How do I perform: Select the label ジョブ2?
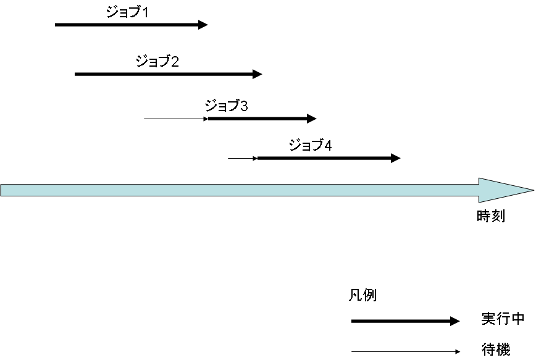click(x=157, y=61)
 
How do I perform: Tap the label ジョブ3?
click(x=227, y=106)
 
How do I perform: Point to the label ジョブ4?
click(x=311, y=146)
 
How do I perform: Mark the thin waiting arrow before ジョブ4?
click(x=241, y=159)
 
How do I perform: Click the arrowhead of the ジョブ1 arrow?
click(x=203, y=25)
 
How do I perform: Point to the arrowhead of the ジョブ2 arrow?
click(x=258, y=74)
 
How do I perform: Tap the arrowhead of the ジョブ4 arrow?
click(x=396, y=158)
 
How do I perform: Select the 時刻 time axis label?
click(x=491, y=217)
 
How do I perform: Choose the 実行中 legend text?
click(x=503, y=319)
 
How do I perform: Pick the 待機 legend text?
click(x=496, y=350)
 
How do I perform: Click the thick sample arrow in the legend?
click(x=404, y=321)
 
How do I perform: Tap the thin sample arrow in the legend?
click(x=404, y=352)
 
